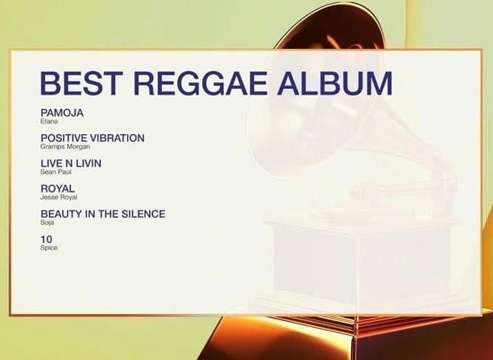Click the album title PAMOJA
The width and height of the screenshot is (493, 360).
coord(62,113)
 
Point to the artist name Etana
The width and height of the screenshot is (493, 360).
coord(49,121)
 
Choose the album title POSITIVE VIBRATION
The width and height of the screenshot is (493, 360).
coord(92,138)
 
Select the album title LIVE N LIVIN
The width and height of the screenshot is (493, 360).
coord(71,163)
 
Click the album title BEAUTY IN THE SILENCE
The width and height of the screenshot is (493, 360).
coord(103,214)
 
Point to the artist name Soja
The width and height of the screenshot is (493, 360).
coord(47,222)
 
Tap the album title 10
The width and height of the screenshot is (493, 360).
coord(46,239)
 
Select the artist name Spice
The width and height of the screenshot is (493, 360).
coord(49,248)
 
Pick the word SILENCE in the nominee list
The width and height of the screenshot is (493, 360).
coord(144,214)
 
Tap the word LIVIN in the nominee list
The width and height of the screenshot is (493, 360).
coord(88,163)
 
